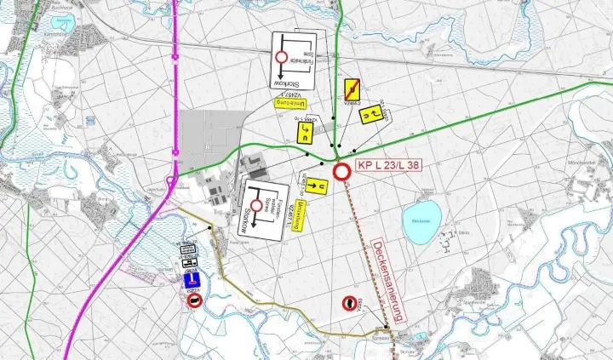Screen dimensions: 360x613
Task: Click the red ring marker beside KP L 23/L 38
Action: pos(342,172)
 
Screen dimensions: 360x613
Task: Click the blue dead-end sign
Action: pos(194,278)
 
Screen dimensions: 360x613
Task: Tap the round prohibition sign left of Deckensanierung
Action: pos(349,302)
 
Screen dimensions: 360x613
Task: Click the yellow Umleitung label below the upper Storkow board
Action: pos(289,103)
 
